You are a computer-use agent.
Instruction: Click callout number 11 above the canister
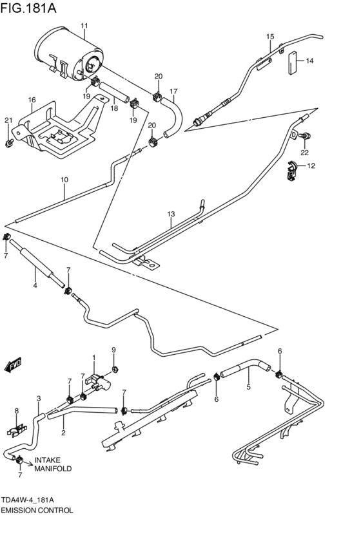[x=84, y=26]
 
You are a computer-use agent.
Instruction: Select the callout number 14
[x=309, y=61]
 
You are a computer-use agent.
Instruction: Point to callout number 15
[x=270, y=37]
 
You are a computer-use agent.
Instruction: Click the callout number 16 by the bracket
[x=31, y=100]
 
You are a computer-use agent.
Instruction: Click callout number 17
[x=173, y=91]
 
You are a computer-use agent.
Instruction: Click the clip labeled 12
[x=292, y=170]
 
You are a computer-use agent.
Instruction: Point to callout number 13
[x=171, y=214]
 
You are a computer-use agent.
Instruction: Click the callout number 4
[x=35, y=285]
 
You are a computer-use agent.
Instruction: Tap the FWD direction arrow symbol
[x=13, y=366]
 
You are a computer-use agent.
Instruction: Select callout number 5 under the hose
[x=248, y=388]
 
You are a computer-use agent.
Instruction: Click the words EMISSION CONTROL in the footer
[x=37, y=509]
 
